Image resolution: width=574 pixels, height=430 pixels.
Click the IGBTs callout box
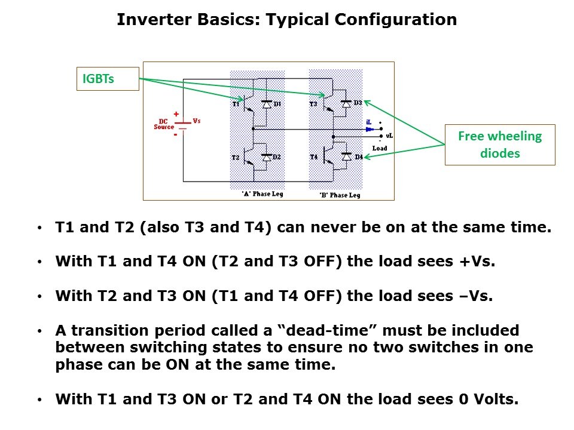[108, 78]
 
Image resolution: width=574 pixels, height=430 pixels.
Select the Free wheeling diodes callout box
[500, 145]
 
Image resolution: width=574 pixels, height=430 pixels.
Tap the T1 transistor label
[236, 104]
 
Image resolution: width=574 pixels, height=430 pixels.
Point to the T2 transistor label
[236, 158]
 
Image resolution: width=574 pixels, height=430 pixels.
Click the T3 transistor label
[313, 104]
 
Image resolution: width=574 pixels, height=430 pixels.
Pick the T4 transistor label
[314, 157]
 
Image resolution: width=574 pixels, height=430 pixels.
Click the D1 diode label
[277, 105]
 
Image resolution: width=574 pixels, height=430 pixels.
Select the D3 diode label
[358, 103]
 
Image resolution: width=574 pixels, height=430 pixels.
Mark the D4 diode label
[359, 157]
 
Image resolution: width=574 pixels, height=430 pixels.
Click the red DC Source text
[164, 124]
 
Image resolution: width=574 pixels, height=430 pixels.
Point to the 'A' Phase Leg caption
[262, 193]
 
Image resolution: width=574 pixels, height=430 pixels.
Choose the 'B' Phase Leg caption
[340, 195]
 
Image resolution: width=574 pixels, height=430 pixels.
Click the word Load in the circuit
[380, 148]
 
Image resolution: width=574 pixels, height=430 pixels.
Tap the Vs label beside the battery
[197, 121]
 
